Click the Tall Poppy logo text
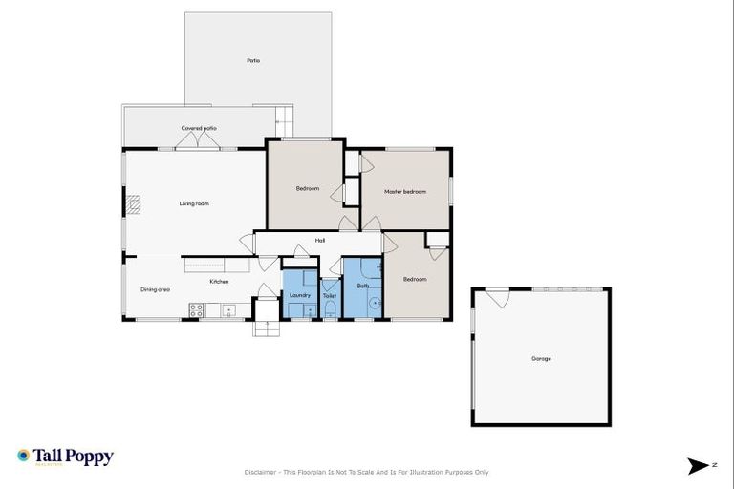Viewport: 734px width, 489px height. click(74, 457)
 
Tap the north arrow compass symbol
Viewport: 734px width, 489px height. click(699, 466)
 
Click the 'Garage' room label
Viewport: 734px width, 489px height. click(541, 359)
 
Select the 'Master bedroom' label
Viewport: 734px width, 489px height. click(404, 192)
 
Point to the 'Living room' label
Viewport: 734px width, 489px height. click(194, 203)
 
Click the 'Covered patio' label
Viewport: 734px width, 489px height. click(199, 128)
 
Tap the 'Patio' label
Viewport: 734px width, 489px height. click(253, 60)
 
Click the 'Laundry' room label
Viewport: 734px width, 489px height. click(299, 296)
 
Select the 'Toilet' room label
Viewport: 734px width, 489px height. click(330, 297)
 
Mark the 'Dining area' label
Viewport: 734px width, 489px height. click(155, 289)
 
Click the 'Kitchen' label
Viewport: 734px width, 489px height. click(220, 282)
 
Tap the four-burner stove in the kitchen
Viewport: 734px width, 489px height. click(196, 309)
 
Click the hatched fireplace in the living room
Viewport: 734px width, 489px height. click(135, 202)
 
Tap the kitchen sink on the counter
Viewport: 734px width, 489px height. click(229, 310)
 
